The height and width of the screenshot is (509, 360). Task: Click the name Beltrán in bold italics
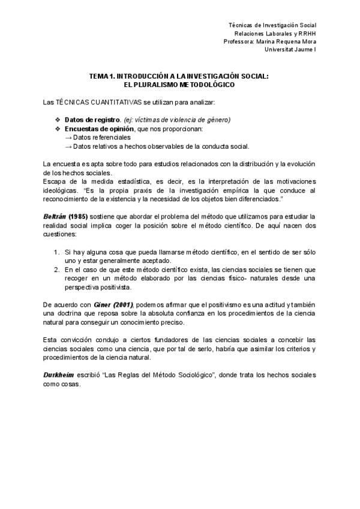pyautogui.click(x=55, y=216)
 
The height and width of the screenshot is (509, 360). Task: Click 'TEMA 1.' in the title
pyautogui.click(x=101, y=77)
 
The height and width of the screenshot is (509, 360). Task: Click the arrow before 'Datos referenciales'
pyautogui.click(x=68, y=137)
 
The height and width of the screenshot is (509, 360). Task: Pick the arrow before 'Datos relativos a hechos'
pyautogui.click(x=68, y=146)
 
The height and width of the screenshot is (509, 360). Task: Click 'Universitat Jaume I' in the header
pyautogui.click(x=290, y=50)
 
